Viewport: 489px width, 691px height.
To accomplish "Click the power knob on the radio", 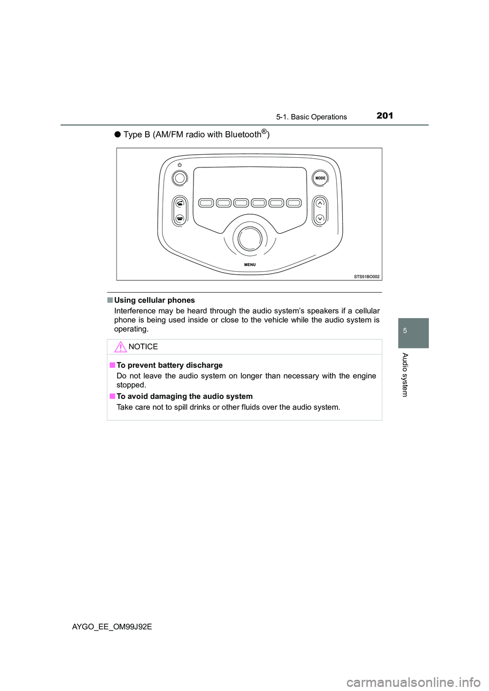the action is point(180,178).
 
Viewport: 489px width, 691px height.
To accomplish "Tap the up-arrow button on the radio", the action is point(320,204).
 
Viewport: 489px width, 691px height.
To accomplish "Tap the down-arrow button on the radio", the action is point(320,218).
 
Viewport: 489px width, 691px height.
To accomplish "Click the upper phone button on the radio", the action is point(180,203).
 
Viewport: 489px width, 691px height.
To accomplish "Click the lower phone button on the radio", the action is point(180,218).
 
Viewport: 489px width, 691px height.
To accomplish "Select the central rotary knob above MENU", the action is point(250,238).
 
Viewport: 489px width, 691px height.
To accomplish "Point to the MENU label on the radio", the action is point(250,265).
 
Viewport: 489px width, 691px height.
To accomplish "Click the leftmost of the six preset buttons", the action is point(206,203).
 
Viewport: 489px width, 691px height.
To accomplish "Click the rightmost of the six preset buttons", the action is point(294,203).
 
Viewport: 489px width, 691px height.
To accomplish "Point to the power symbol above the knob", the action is point(180,165).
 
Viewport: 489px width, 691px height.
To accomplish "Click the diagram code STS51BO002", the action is point(367,277).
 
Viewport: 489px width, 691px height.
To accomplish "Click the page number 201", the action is point(385,116).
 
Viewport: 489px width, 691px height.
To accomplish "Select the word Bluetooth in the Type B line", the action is point(243,135).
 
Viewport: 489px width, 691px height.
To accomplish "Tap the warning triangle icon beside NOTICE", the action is point(120,348).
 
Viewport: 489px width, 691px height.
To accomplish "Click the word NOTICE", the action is point(143,347).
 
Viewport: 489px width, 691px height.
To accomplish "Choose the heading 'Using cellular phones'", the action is point(154,300).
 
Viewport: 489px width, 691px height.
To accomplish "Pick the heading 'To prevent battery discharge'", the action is point(170,365).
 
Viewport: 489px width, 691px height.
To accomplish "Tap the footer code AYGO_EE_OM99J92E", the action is point(112,627).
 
